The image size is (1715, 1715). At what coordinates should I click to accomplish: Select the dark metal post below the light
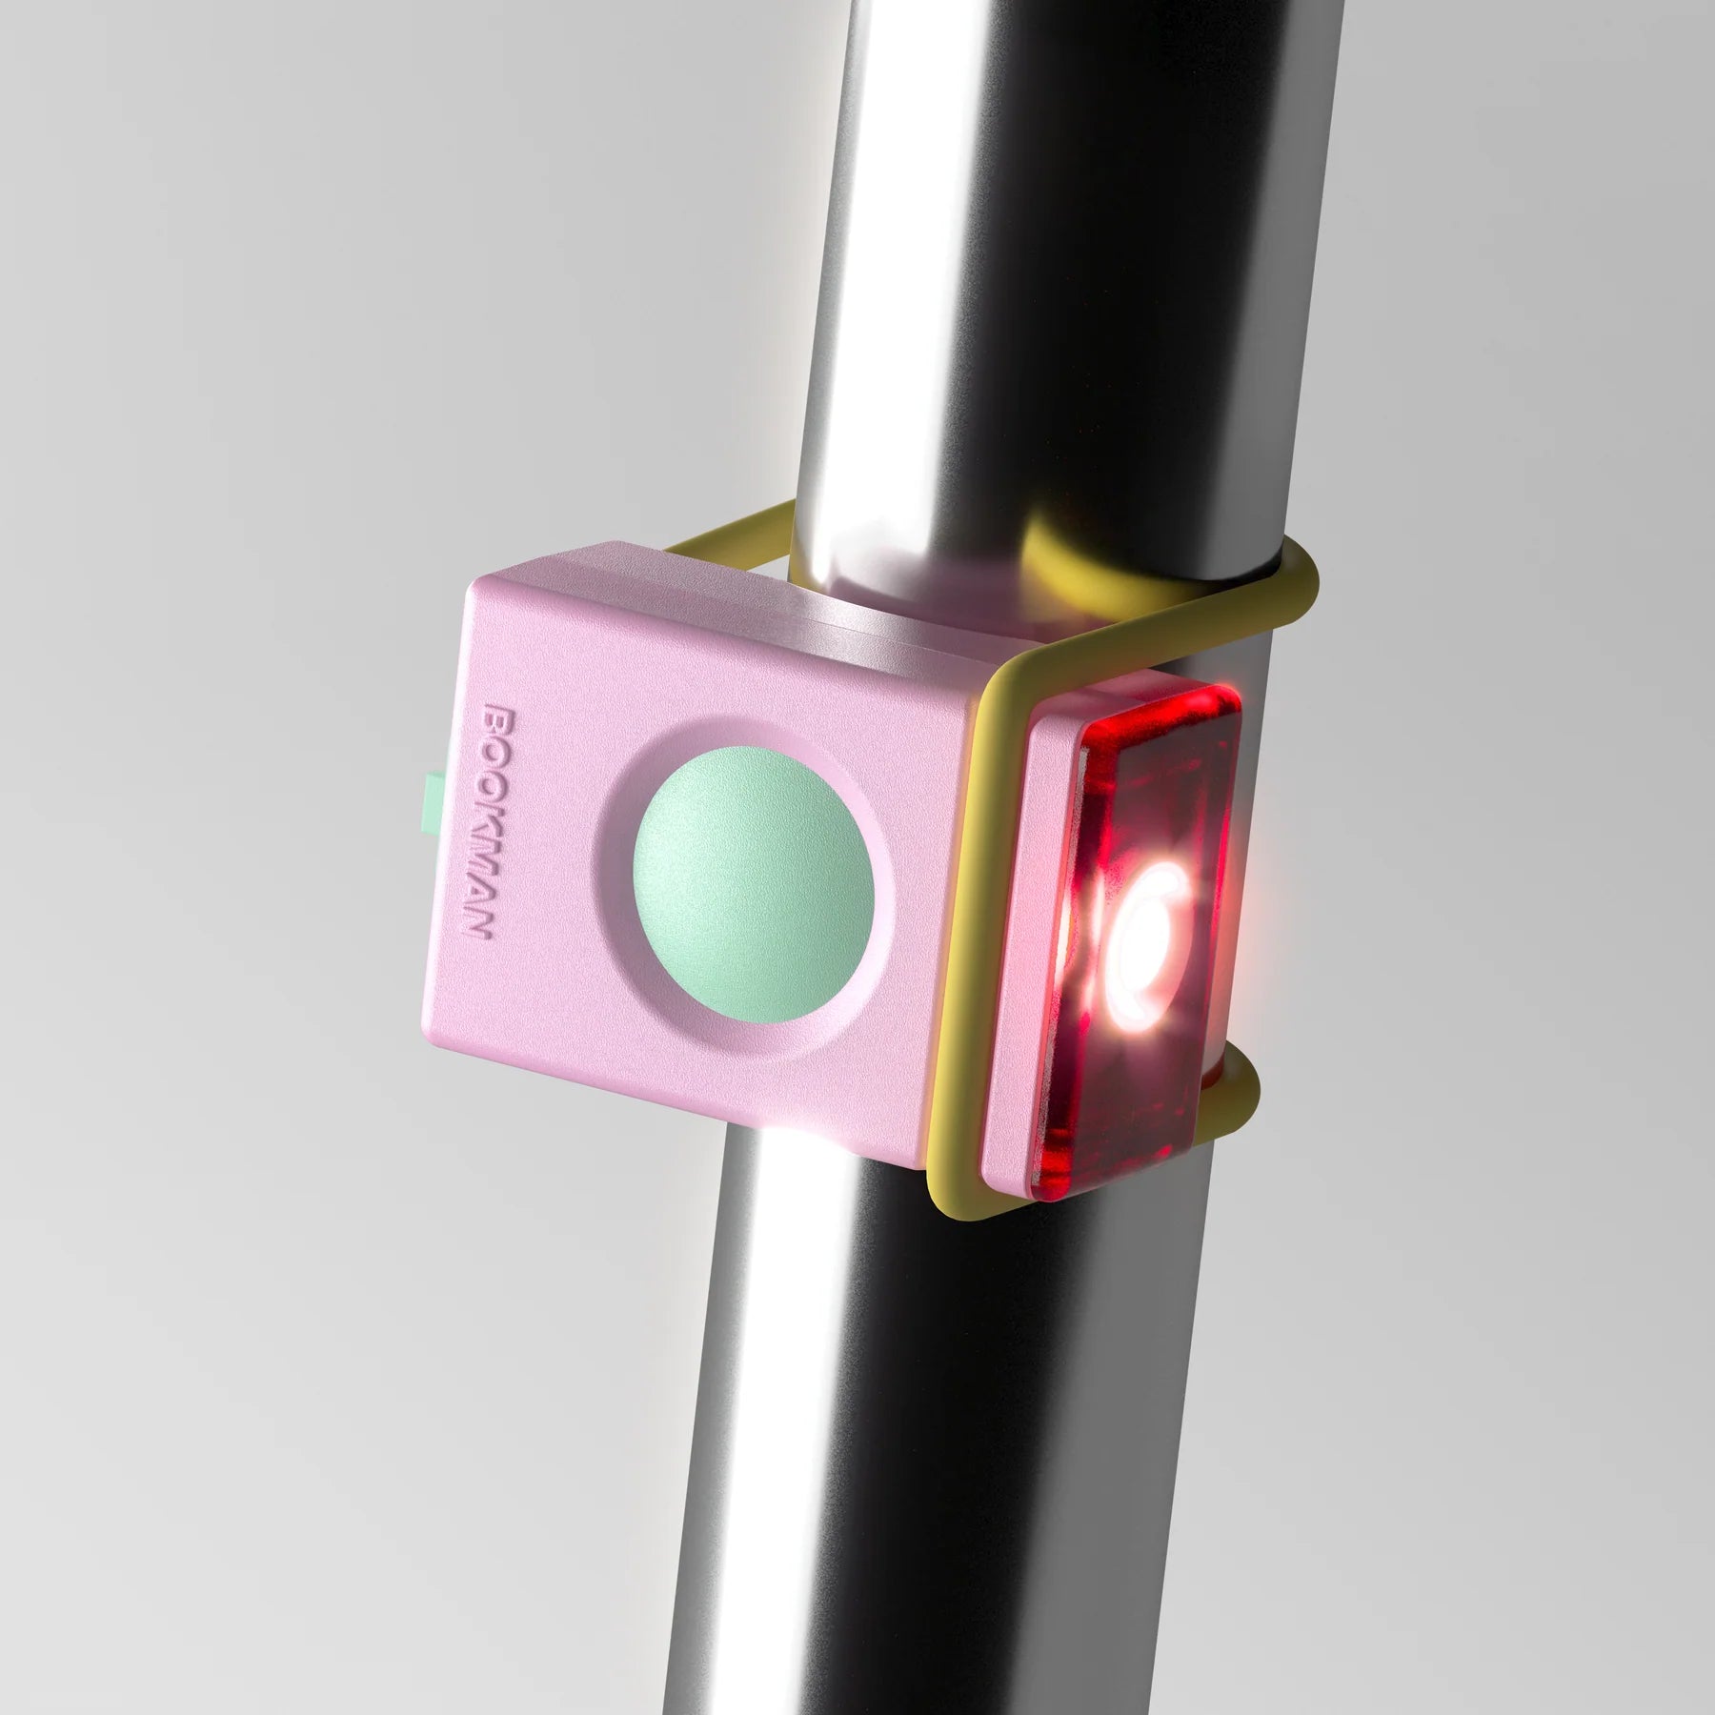905,1429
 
